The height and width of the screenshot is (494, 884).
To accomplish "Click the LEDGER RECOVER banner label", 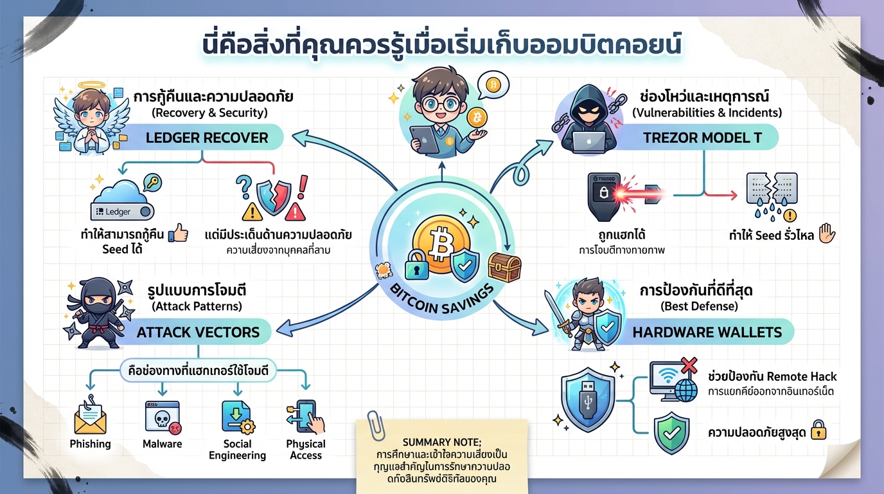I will pyautogui.click(x=206, y=137).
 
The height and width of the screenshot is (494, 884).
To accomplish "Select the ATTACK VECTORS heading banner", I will pyautogui.click(x=198, y=332).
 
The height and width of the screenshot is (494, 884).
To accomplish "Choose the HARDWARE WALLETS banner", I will pyautogui.click(x=707, y=332).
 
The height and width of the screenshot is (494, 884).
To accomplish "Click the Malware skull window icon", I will pyautogui.click(x=162, y=417).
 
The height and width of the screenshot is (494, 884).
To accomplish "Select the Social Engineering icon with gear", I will pyautogui.click(x=236, y=417).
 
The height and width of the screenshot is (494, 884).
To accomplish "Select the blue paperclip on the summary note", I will pyautogui.click(x=371, y=425).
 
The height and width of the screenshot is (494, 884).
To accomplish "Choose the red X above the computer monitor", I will pyautogui.click(x=688, y=365).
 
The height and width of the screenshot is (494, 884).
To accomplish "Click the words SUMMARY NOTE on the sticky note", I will pyautogui.click(x=441, y=443).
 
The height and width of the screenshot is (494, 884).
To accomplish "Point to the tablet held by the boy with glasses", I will pyautogui.click(x=424, y=138).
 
